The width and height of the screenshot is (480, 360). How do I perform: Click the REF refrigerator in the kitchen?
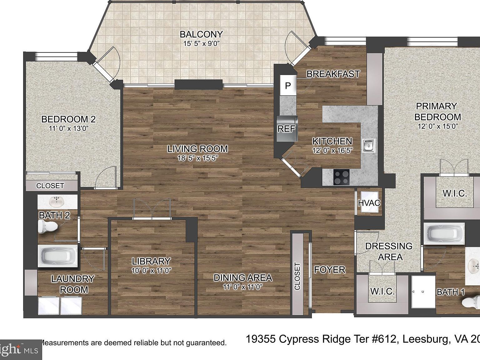click(286, 128)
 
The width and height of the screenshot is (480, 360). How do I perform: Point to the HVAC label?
click(369, 203)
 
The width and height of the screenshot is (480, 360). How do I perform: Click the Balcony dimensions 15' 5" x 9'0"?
click(202, 44)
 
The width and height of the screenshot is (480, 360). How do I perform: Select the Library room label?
click(151, 261)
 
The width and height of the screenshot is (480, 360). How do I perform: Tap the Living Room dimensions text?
click(197, 158)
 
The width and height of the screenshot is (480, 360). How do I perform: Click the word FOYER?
click(329, 269)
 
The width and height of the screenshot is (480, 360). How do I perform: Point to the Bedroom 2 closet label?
click(50, 186)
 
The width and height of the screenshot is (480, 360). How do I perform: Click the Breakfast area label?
click(333, 74)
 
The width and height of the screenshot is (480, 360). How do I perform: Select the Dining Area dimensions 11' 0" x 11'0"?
click(242, 287)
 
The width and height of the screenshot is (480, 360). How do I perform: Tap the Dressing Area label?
click(388, 251)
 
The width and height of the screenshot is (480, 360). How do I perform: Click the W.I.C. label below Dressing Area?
click(382, 291)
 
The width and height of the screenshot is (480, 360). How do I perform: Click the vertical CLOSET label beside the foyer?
click(297, 276)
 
